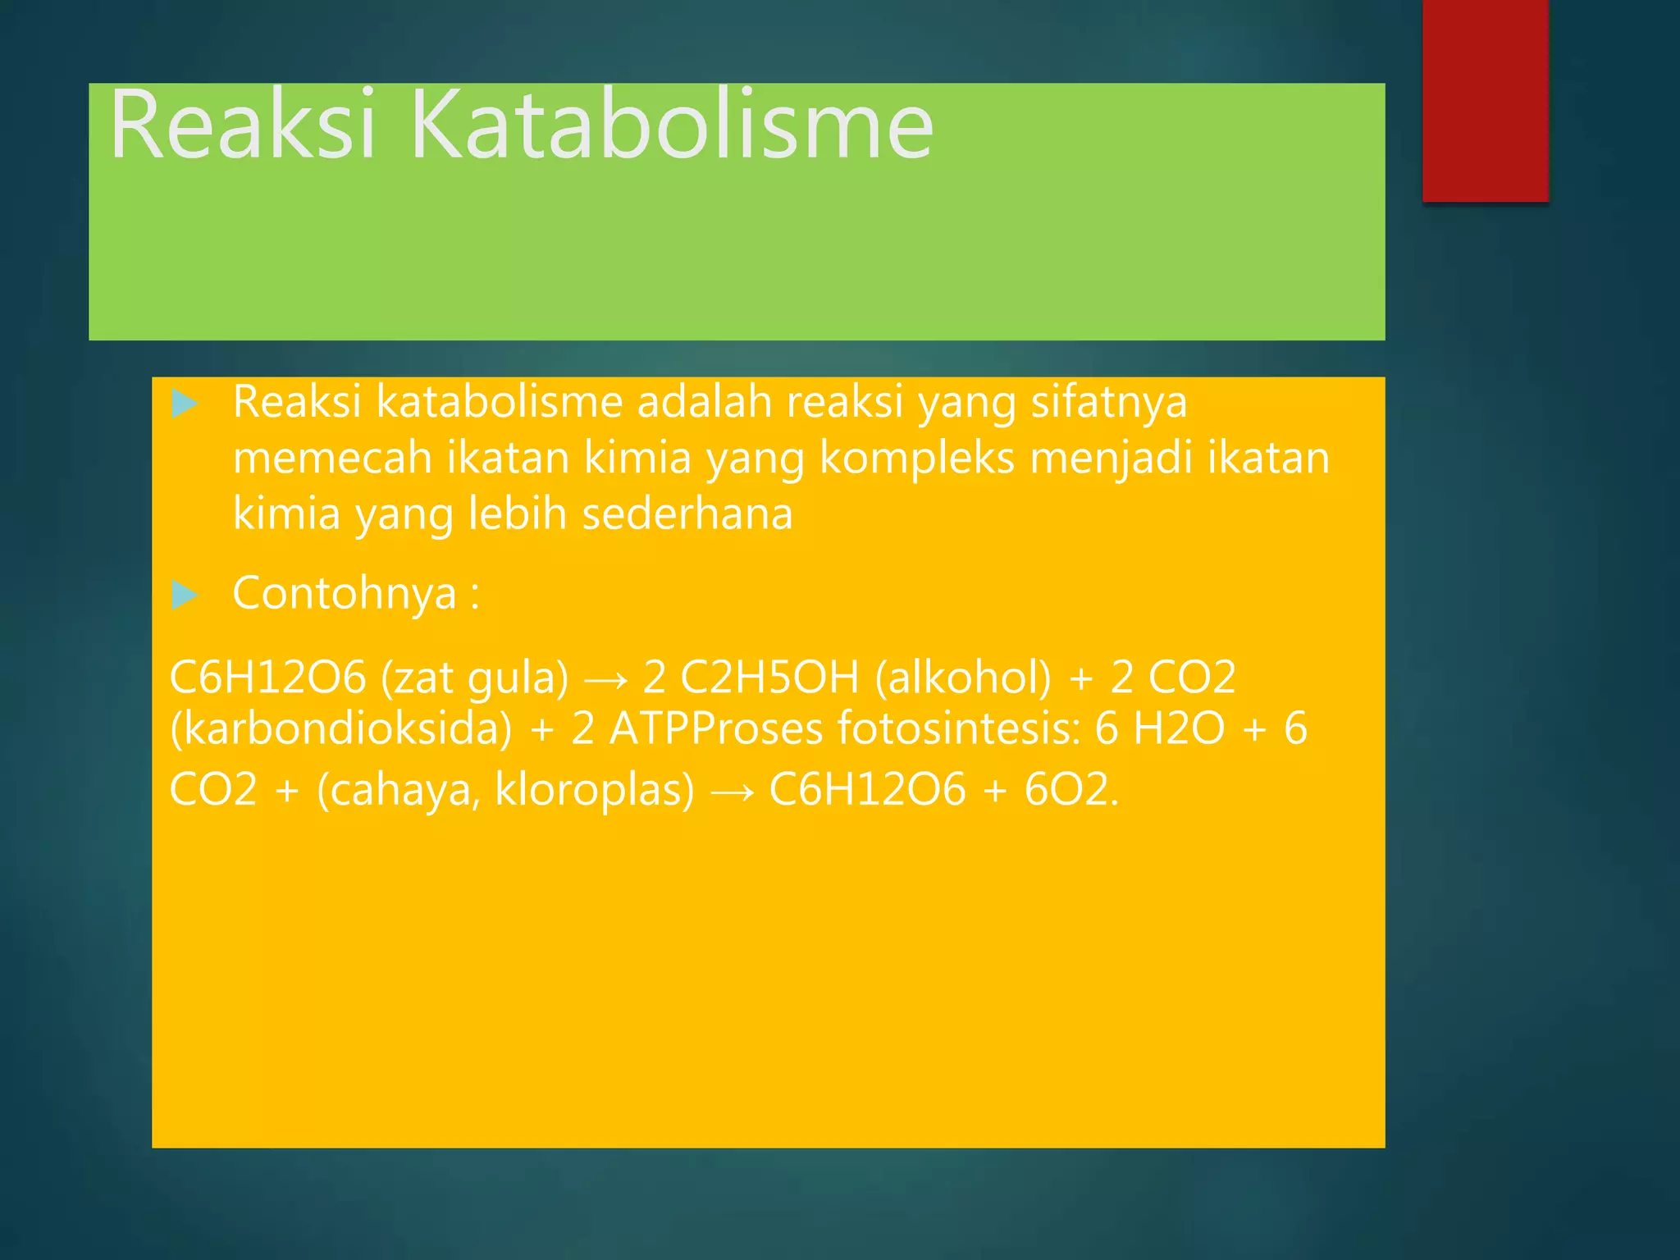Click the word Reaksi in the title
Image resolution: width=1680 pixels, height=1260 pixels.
pyautogui.click(x=243, y=125)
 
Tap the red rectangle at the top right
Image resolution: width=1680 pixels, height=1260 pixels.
pyautogui.click(x=1485, y=100)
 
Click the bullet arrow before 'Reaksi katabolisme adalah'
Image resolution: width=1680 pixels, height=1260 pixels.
pyautogui.click(x=185, y=404)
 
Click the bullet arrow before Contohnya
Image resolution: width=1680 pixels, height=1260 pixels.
pyautogui.click(x=185, y=595)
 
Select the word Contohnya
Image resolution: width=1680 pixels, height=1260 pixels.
pyautogui.click(x=345, y=593)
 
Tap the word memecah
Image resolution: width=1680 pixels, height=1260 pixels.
pyautogui.click(x=331, y=458)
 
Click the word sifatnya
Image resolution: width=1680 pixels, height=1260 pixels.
pyautogui.click(x=1108, y=403)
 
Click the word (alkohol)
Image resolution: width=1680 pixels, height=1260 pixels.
pyautogui.click(x=962, y=678)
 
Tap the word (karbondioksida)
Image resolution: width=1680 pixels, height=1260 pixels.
pyautogui.click(x=340, y=729)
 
